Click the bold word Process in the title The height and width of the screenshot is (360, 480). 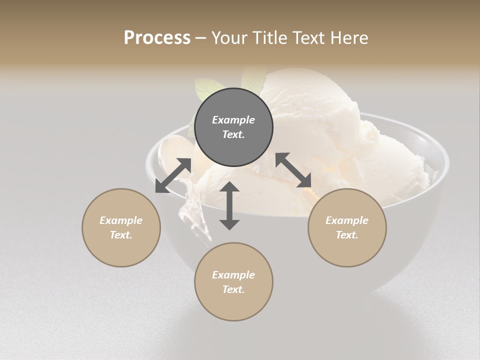click(x=157, y=37)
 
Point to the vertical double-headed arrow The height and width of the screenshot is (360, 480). click(x=229, y=205)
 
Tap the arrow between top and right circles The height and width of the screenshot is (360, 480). click(x=293, y=170)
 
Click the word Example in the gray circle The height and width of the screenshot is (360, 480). click(x=233, y=120)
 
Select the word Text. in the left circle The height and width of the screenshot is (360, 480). click(x=121, y=235)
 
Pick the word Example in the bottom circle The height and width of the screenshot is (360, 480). click(x=233, y=275)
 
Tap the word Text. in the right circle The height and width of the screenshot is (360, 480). click(x=347, y=235)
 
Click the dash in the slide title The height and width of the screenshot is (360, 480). click(x=200, y=38)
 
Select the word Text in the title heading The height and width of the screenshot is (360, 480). click(x=307, y=37)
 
